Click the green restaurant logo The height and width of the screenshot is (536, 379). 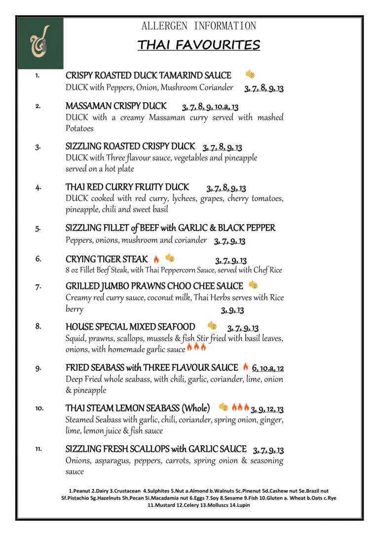[x=40, y=43]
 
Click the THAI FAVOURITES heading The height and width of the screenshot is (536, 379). [x=198, y=45]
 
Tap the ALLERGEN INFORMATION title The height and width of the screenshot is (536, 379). [x=198, y=26]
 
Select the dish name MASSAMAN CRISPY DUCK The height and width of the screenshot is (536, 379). [x=116, y=106]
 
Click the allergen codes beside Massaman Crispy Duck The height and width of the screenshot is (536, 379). [x=210, y=107]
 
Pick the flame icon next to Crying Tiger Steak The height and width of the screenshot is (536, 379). [x=156, y=259]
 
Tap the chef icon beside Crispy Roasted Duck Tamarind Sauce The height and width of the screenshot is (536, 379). [x=250, y=75]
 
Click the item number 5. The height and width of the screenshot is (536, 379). [x=38, y=228]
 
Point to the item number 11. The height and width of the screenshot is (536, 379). [x=38, y=449]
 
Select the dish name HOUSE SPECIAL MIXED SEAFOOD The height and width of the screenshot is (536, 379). [x=130, y=327]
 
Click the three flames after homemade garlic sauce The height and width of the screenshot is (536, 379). [x=196, y=348]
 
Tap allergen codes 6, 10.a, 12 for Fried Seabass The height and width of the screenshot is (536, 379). [x=268, y=368]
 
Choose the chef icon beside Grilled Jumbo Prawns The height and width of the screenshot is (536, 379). [x=253, y=285]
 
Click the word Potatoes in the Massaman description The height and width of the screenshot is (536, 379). [x=79, y=128]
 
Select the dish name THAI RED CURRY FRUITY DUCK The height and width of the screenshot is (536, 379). [x=127, y=187]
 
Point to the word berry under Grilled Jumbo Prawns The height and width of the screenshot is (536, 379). [x=75, y=309]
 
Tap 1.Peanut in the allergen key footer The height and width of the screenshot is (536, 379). [x=79, y=491]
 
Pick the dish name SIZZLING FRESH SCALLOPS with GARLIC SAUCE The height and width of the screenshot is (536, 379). [x=156, y=449]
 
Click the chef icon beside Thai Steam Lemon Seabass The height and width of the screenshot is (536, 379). [x=223, y=407]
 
